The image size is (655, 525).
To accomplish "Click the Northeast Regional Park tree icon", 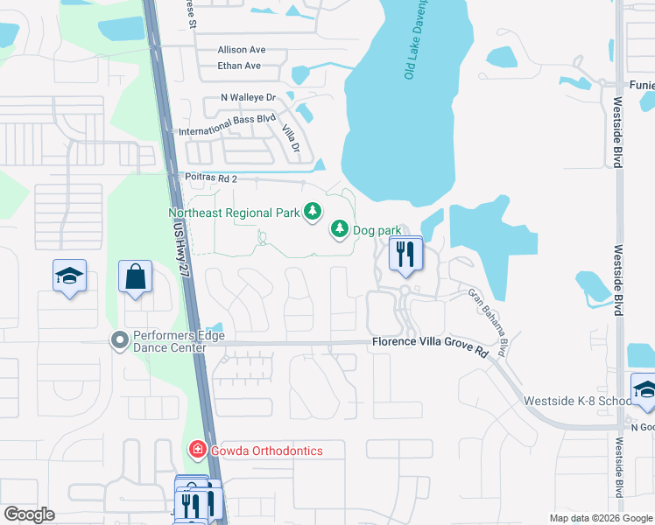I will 313,212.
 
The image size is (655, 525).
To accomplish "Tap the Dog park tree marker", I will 338,229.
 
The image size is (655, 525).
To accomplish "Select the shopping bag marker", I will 136,277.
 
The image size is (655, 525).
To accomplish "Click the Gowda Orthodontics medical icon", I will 197,451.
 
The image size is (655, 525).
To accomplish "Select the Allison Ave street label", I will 243,50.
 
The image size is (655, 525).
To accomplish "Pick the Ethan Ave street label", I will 240,66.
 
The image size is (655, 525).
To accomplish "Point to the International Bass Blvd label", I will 227,130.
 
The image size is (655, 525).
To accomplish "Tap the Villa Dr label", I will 292,136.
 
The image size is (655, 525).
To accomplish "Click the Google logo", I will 28,514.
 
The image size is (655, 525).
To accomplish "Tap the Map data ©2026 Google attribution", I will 601,518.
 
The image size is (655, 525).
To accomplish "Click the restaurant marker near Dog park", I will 404,255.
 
